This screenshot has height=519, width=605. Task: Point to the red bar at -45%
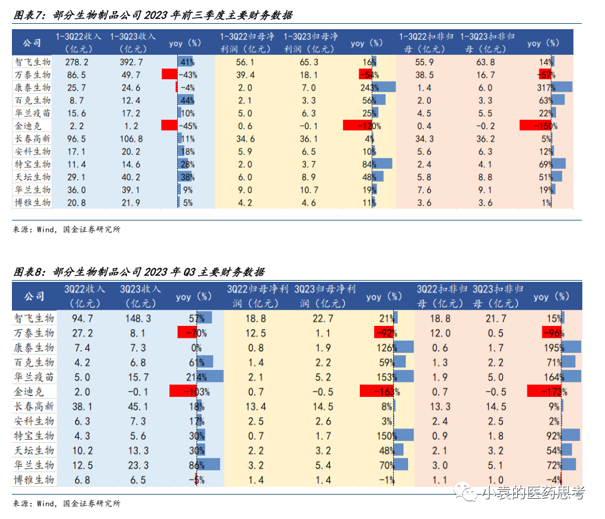click(169, 126)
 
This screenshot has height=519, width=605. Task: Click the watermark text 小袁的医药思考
click(533, 492)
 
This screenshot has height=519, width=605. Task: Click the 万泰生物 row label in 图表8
click(34, 333)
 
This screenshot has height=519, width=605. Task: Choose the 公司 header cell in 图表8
click(34, 296)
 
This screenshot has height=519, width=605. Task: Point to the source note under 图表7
click(66, 229)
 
